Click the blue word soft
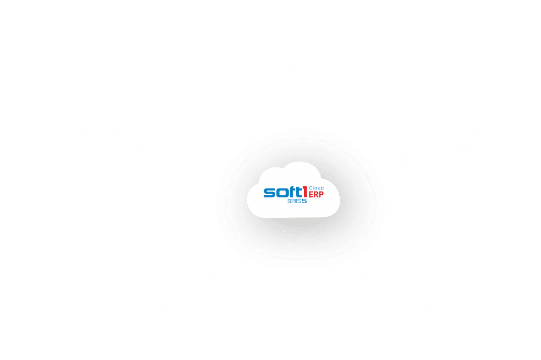pos(283,192)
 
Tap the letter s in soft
pos(269,193)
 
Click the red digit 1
pos(305,192)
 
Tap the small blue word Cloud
pos(316,188)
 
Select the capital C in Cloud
pos(311,188)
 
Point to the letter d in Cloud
pos(322,188)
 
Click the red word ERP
pos(316,195)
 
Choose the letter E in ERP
pos(311,195)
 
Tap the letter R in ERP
pos(316,195)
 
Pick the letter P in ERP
pos(321,195)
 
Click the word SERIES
pos(294,201)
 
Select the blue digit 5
pos(304,201)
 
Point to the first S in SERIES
pos(289,201)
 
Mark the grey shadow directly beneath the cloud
pos(297,224)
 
